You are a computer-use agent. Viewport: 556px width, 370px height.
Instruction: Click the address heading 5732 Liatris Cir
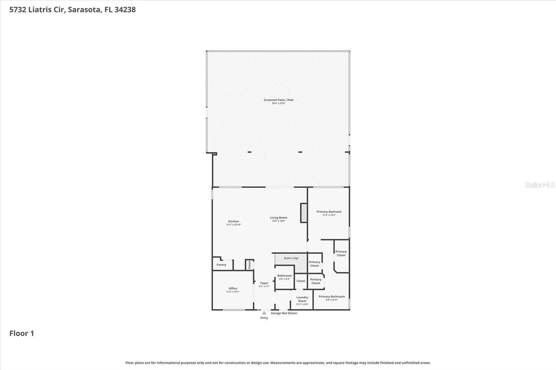click(x=73, y=10)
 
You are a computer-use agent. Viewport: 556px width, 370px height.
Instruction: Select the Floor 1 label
click(x=22, y=333)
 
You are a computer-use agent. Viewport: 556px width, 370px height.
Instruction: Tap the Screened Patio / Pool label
click(x=278, y=100)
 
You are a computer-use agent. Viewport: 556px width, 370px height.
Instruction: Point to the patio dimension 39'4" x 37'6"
click(x=278, y=103)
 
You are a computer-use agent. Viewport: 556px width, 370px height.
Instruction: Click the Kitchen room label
click(x=233, y=221)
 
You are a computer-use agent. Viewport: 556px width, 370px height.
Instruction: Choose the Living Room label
click(x=278, y=218)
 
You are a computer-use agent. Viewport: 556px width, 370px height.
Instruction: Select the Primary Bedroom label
click(x=329, y=212)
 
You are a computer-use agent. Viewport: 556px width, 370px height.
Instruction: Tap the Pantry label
click(x=222, y=265)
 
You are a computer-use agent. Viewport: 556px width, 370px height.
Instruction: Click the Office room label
click(x=233, y=288)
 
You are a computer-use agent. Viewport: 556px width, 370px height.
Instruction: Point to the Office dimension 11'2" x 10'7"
click(x=233, y=292)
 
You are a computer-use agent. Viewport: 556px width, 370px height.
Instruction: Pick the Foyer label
click(x=264, y=283)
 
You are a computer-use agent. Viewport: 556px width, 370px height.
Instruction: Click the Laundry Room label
click(x=302, y=299)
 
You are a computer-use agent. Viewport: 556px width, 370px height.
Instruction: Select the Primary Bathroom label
click(x=332, y=297)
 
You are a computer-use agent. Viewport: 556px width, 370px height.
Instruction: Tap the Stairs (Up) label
click(x=291, y=258)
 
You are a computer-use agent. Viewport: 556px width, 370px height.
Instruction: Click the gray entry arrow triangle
click(x=264, y=313)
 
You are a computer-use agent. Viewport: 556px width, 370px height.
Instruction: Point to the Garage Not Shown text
click(x=284, y=313)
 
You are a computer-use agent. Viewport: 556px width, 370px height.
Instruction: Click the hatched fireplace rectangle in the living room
click(x=304, y=213)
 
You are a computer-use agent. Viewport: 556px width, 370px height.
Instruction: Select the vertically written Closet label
click(x=250, y=265)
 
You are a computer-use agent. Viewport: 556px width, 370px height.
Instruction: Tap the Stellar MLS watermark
click(x=539, y=185)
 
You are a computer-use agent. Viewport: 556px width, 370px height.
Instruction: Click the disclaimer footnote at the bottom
click(x=278, y=363)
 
